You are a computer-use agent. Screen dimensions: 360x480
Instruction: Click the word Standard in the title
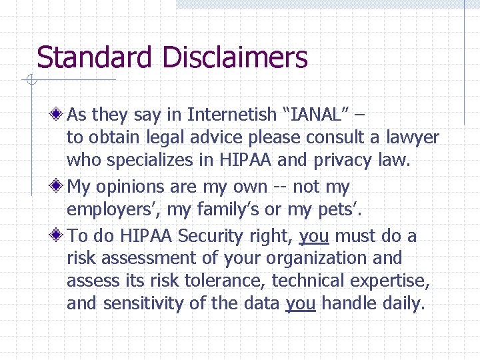94,58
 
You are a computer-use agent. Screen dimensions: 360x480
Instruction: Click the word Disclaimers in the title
234,58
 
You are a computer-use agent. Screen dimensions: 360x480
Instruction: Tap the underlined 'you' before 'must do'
314,236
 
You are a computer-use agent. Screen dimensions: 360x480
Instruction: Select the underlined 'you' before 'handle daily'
301,304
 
